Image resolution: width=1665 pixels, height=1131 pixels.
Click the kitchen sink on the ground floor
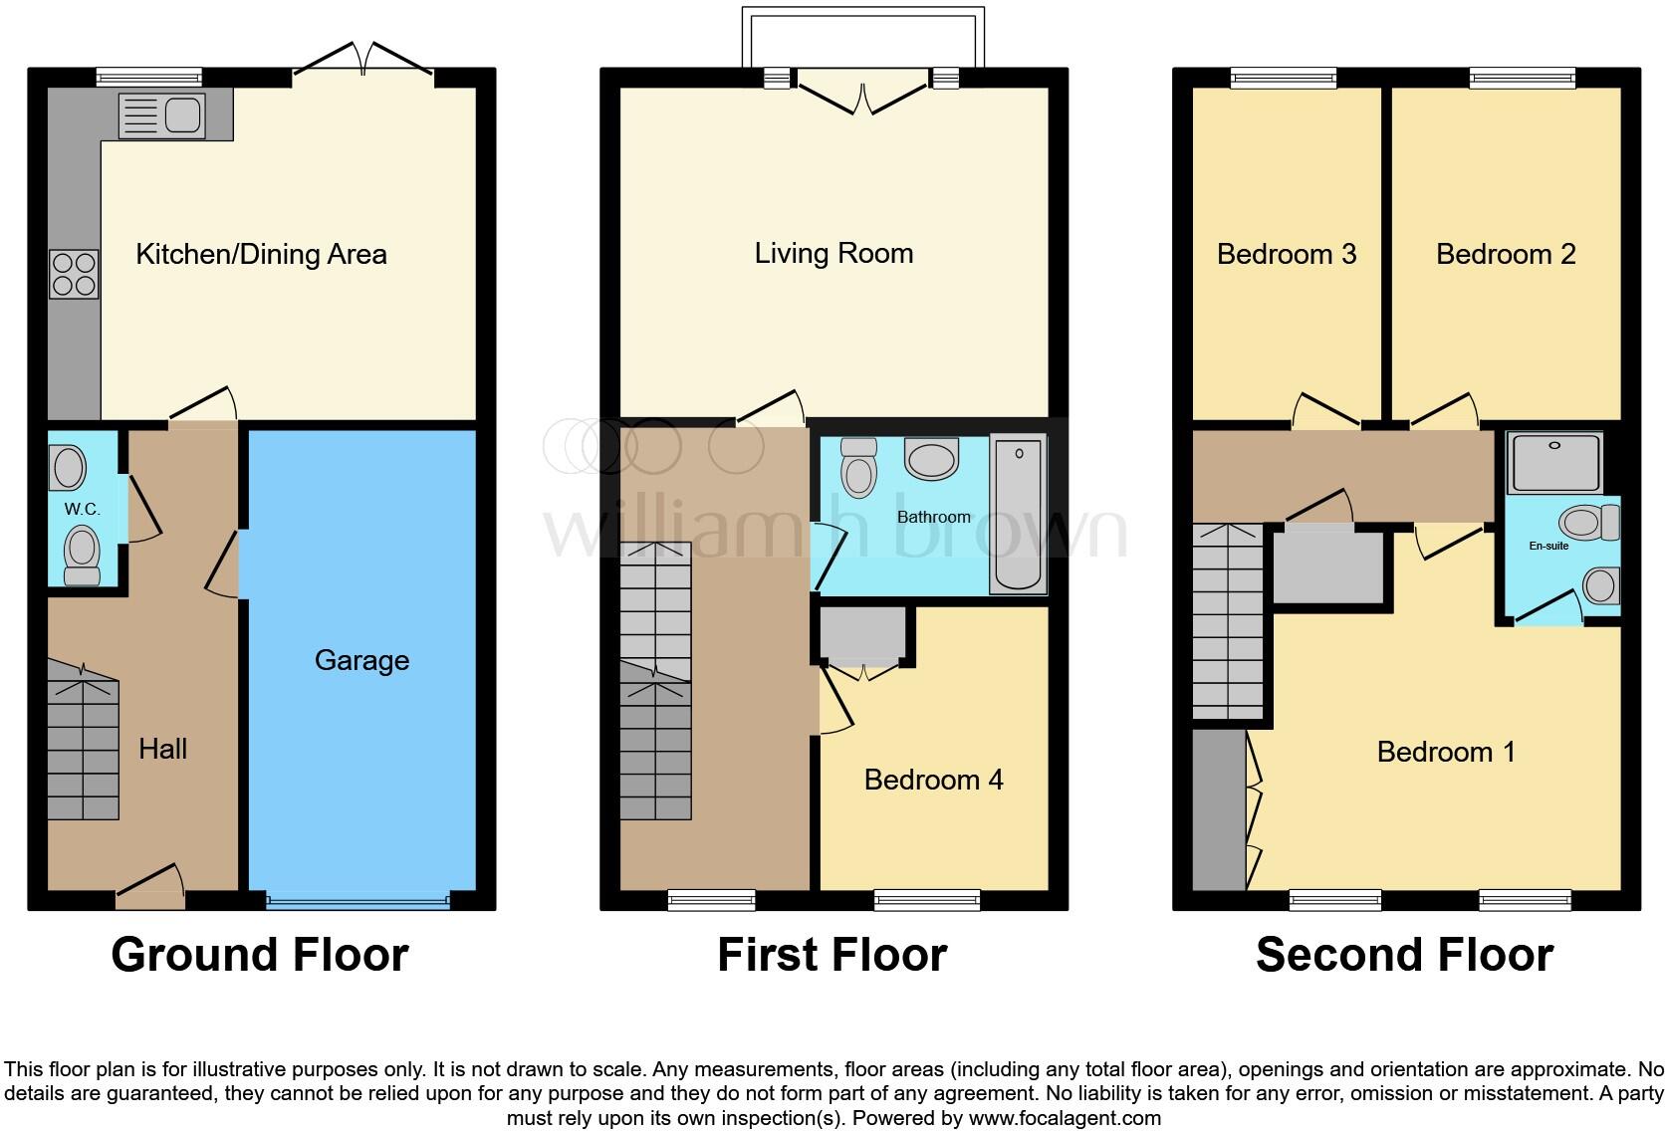click(161, 115)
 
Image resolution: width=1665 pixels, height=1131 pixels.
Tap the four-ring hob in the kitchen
click(75, 274)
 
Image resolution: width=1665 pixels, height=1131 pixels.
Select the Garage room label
click(361, 660)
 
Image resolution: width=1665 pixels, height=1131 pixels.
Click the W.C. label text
click(83, 509)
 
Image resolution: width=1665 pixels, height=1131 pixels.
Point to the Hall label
click(162, 749)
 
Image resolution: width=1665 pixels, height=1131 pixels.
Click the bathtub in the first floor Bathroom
click(1018, 515)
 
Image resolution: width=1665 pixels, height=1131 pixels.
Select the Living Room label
click(833, 253)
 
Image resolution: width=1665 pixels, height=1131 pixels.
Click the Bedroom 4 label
click(933, 780)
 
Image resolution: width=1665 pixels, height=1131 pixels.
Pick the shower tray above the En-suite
click(1554, 462)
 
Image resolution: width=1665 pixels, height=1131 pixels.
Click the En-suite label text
click(1548, 546)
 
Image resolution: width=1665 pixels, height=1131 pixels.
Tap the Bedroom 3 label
click(1287, 254)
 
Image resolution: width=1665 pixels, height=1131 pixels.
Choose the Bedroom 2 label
click(1506, 254)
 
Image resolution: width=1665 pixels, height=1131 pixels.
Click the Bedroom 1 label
click(1446, 752)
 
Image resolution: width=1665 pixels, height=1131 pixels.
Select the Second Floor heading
click(1404, 955)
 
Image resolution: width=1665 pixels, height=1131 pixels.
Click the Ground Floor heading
click(260, 955)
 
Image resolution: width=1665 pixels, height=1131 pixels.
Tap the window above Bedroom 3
click(1284, 77)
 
